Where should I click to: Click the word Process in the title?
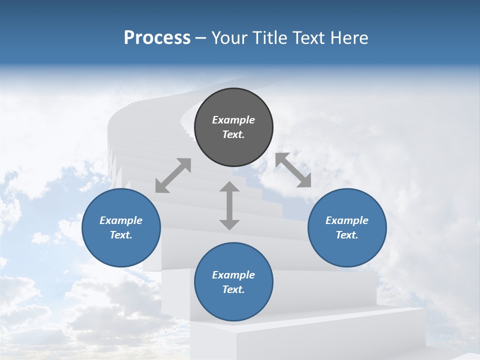click(157, 38)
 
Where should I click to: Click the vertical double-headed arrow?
click(229, 205)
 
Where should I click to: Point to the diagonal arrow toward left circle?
click(173, 175)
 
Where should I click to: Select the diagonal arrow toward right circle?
click(293, 170)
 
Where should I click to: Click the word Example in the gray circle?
click(233, 120)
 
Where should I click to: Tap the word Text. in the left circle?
click(121, 235)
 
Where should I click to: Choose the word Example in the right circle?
click(347, 220)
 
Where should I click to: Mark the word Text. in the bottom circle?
click(233, 289)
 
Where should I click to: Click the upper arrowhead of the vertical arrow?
click(229, 187)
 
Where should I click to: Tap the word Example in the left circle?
click(121, 220)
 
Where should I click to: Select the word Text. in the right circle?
click(347, 235)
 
